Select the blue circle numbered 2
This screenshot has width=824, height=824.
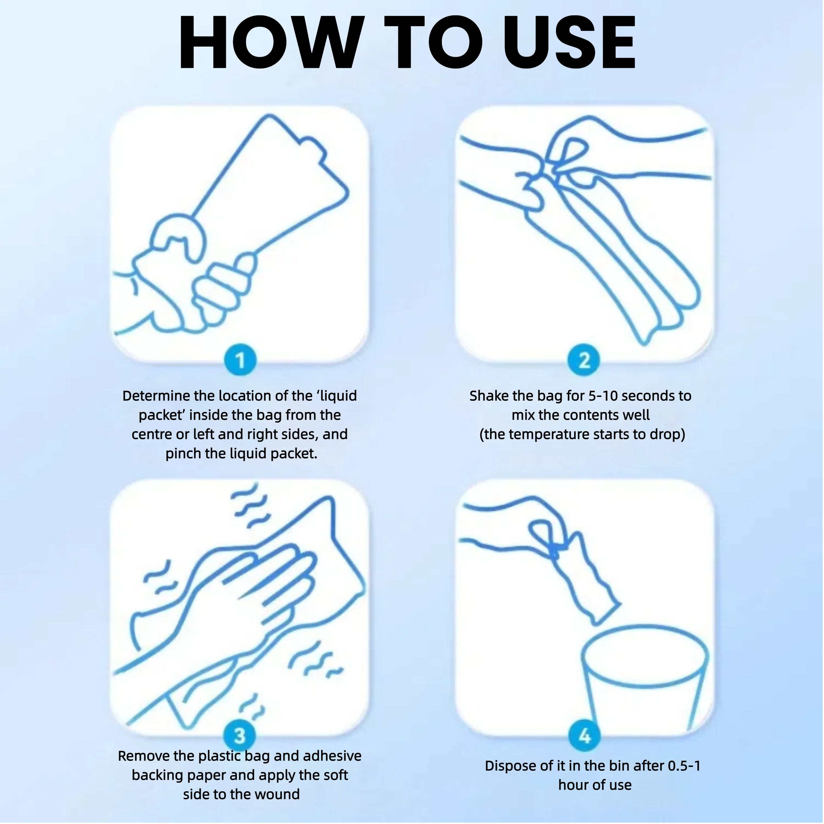point(584,360)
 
